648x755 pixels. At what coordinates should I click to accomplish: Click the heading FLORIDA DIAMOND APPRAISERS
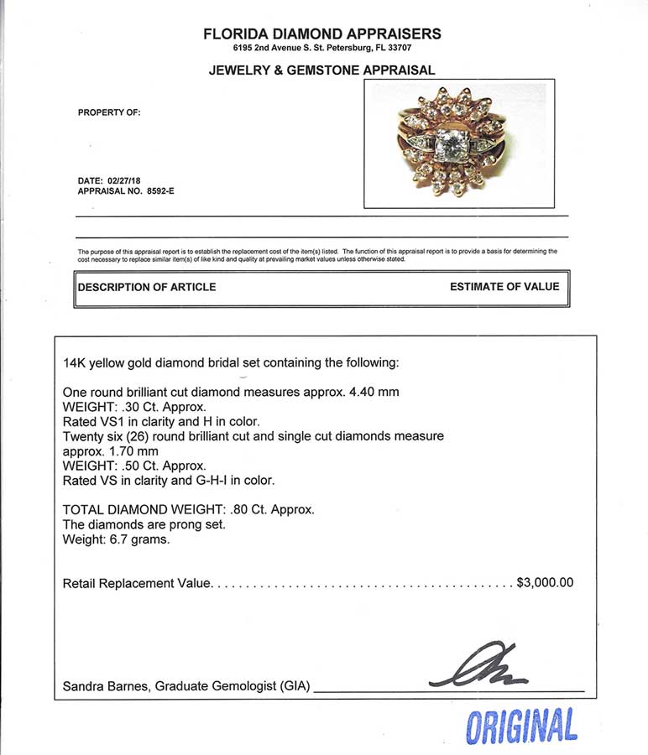tap(322, 34)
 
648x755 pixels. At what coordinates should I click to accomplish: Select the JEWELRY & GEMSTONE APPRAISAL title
tap(322, 71)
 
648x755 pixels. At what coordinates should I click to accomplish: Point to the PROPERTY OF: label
tap(109, 112)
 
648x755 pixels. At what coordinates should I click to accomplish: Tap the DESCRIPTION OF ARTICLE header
tap(147, 287)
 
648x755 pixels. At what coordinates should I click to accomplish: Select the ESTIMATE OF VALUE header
tap(504, 287)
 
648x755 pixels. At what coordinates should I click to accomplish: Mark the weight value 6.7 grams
tap(139, 539)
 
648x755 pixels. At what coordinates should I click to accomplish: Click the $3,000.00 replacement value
tap(544, 582)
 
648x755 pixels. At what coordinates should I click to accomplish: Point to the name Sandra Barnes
tap(102, 687)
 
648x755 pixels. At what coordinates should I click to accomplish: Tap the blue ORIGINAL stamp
tap(521, 725)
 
